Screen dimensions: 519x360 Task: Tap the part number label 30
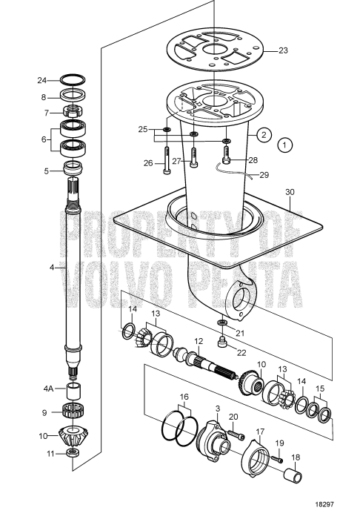(x=289, y=191)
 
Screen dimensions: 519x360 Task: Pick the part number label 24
(x=43, y=80)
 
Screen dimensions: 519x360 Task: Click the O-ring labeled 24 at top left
(x=73, y=79)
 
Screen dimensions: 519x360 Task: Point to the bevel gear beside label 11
(x=73, y=453)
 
